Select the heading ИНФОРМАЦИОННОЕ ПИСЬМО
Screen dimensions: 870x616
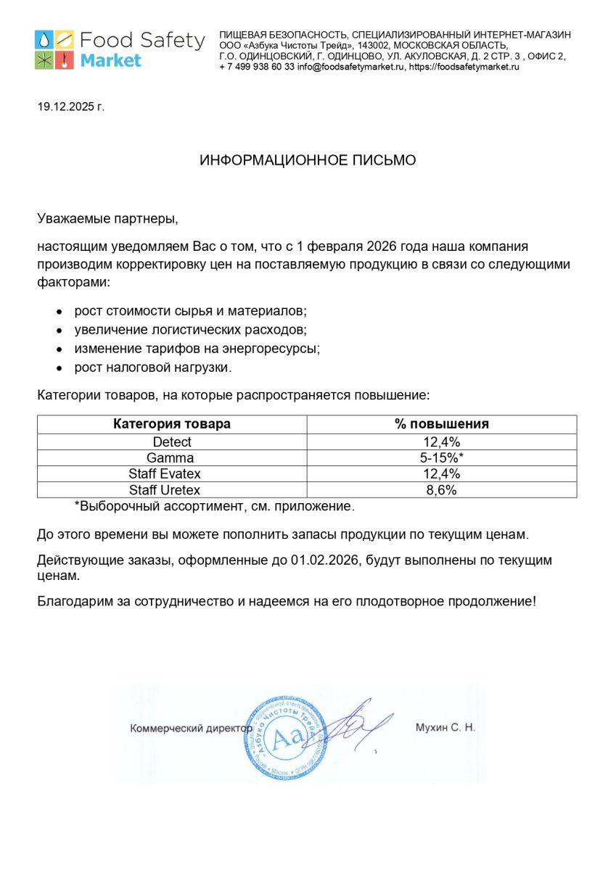308,160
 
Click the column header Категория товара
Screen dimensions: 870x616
172,424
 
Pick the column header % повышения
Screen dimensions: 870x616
442,424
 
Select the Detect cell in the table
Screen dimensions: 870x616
172,442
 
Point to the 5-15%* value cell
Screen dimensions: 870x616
443,457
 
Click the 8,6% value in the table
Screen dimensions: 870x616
442,490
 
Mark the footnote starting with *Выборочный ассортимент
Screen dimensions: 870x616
215,506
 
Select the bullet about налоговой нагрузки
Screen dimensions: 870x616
152,368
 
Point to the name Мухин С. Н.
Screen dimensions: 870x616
445,728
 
